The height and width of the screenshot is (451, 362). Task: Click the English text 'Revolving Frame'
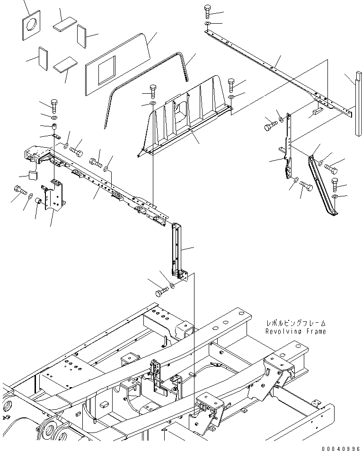tap(295, 331)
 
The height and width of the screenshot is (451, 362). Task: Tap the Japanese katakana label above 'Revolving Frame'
tap(295, 323)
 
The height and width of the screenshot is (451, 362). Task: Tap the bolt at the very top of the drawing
tap(208, 11)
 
